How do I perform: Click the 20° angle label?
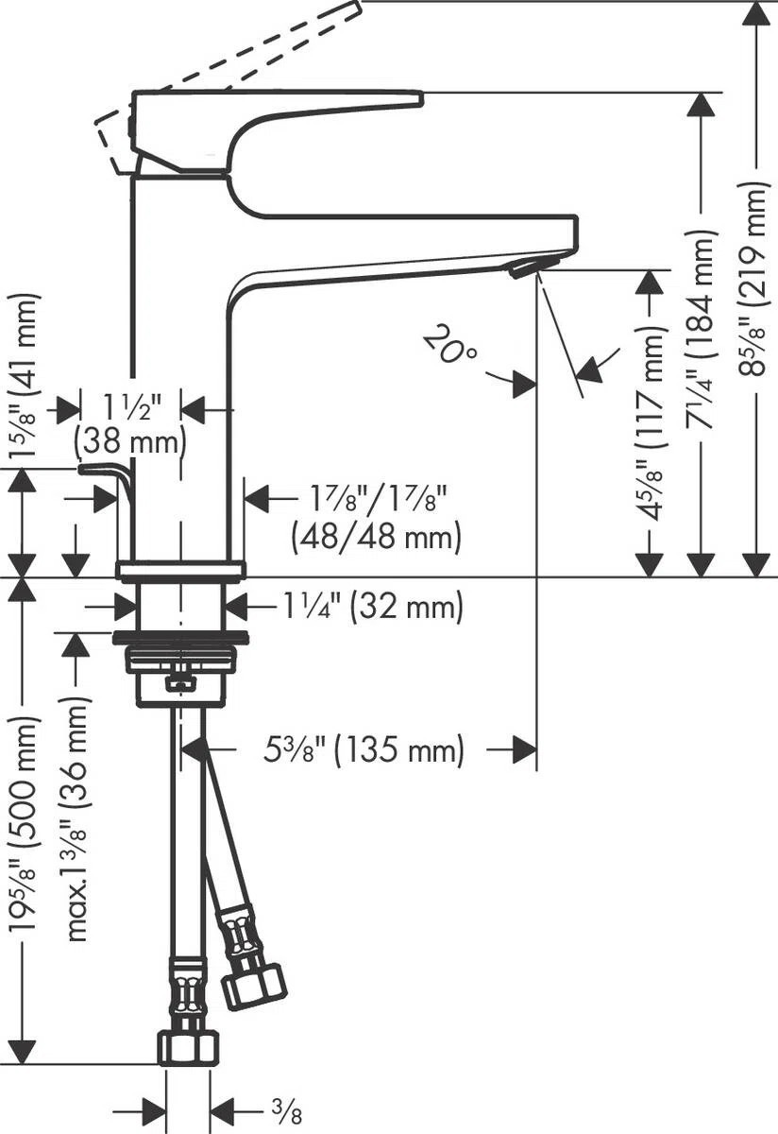[x=450, y=344]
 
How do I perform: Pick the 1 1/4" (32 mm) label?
[x=372, y=606]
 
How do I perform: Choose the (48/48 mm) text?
[x=377, y=536]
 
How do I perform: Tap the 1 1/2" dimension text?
[x=131, y=406]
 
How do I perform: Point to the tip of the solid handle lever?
[x=421, y=99]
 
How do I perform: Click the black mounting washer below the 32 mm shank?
[x=180, y=638]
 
